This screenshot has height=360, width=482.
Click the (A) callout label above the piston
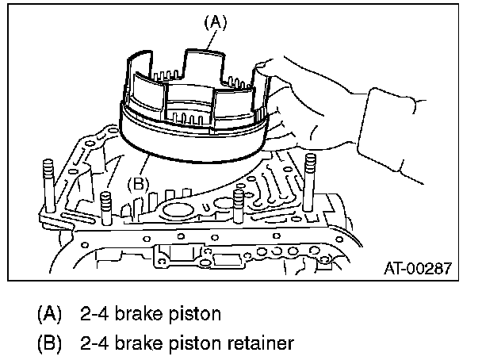(x=216, y=23)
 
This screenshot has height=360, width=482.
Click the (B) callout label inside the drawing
(x=138, y=184)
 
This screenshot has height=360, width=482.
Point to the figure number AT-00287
(x=418, y=268)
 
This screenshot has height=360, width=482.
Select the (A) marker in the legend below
(x=49, y=314)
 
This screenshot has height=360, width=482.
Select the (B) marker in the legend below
(x=49, y=343)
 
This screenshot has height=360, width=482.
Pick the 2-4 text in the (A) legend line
(x=94, y=314)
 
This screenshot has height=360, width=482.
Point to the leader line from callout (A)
(x=211, y=40)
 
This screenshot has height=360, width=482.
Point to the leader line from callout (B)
(x=144, y=166)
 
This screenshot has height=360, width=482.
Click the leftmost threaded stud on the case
(x=48, y=186)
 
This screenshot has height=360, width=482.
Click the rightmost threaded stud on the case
(x=309, y=182)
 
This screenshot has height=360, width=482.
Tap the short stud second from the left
(x=105, y=209)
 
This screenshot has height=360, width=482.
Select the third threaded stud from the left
(x=239, y=206)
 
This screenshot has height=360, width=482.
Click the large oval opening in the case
(x=178, y=211)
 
